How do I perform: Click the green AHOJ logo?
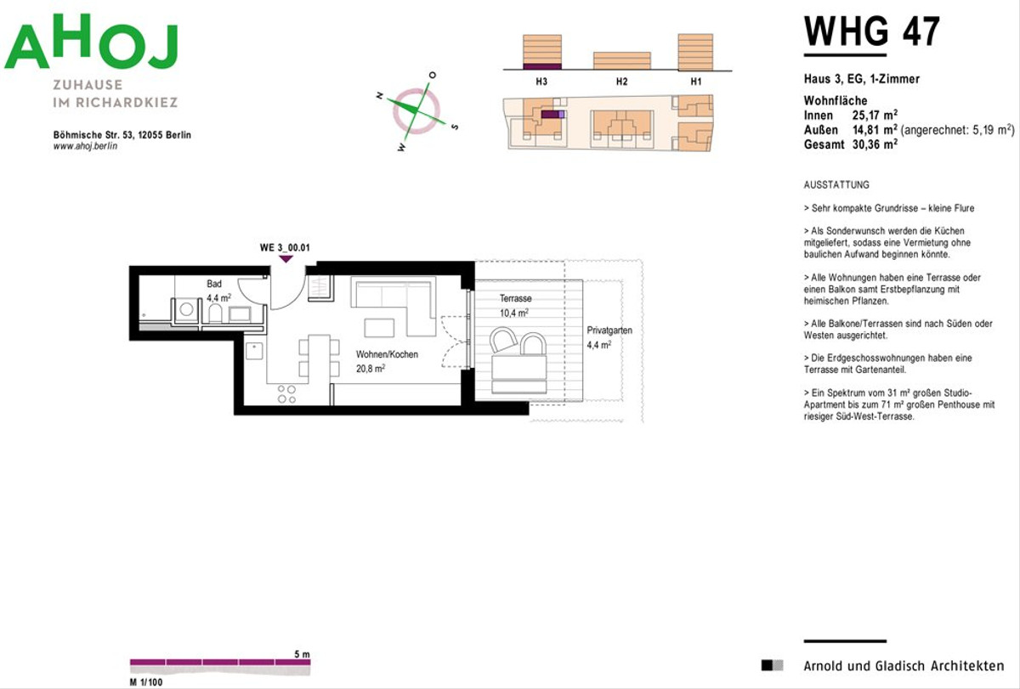point(91,42)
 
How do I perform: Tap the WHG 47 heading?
point(871,31)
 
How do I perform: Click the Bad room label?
point(214,284)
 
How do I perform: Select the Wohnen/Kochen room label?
point(387,354)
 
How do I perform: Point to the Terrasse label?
point(515,298)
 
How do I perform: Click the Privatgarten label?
point(609,330)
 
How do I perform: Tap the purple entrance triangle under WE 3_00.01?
point(286,259)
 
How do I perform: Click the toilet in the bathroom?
point(215,313)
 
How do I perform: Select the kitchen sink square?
point(254,351)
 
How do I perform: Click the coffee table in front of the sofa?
point(379,328)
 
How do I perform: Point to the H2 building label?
point(621,82)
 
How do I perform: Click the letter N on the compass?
point(379,95)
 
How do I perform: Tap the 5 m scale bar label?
point(302,654)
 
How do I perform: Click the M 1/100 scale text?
point(146,682)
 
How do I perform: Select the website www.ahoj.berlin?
point(85,146)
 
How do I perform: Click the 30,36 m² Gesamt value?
point(875,144)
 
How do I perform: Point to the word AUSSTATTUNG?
point(836,184)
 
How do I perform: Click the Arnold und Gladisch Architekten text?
point(904,666)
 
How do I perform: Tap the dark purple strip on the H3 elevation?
point(542,66)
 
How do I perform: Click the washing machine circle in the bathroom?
point(186,309)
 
